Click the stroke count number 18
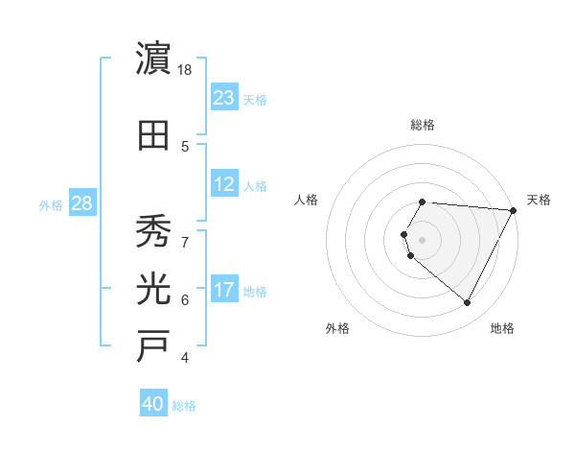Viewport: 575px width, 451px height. pyautogui.click(x=186, y=70)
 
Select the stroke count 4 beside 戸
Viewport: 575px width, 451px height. pyautogui.click(x=185, y=358)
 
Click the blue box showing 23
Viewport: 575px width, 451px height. pyautogui.click(x=223, y=98)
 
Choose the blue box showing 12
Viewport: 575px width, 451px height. pyautogui.click(x=223, y=184)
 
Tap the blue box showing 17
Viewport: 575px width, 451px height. pyautogui.click(x=223, y=290)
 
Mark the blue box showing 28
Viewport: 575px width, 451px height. pyautogui.click(x=81, y=203)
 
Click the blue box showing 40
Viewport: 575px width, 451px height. pyautogui.click(x=152, y=405)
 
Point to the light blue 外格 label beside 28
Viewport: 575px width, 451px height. pyautogui.click(x=51, y=204)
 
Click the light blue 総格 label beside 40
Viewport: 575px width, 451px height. pyautogui.click(x=184, y=406)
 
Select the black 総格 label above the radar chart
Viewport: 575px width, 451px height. pyautogui.click(x=422, y=125)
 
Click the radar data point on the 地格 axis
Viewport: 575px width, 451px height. pyautogui.click(x=468, y=303)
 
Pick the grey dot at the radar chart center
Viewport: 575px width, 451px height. pyautogui.click(x=422, y=239)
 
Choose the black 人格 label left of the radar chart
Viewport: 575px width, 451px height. pyautogui.click(x=306, y=200)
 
